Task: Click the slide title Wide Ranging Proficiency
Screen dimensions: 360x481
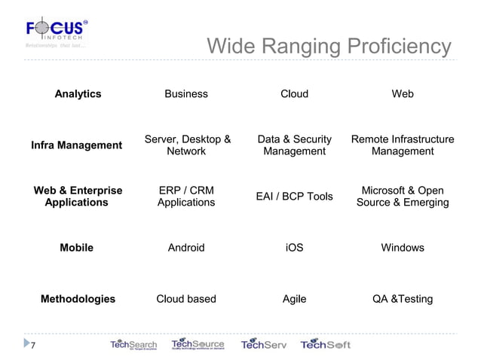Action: point(329,47)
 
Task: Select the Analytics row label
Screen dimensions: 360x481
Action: point(78,94)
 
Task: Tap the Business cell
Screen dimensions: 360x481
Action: point(186,94)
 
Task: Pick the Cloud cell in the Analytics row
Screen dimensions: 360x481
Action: point(294,94)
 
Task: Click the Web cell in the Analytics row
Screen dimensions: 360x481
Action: point(403,94)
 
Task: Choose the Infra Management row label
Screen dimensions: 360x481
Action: point(76,145)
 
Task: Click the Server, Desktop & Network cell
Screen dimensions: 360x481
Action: point(187,145)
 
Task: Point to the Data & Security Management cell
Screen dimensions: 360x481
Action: point(294,145)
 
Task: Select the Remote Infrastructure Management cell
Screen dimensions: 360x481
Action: point(403,145)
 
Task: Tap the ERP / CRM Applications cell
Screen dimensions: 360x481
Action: point(186,197)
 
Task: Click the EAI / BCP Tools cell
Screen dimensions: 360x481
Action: point(294,197)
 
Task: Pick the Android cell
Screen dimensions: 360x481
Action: point(186,248)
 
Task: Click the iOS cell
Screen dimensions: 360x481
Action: point(294,248)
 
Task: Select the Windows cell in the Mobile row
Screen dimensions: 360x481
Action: point(403,248)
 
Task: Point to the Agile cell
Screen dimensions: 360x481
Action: point(294,299)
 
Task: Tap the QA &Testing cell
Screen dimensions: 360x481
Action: point(403,299)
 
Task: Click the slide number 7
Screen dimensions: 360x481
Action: point(32,346)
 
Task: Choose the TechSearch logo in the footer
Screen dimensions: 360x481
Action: point(133,345)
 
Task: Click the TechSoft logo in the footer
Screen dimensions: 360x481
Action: point(326,345)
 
